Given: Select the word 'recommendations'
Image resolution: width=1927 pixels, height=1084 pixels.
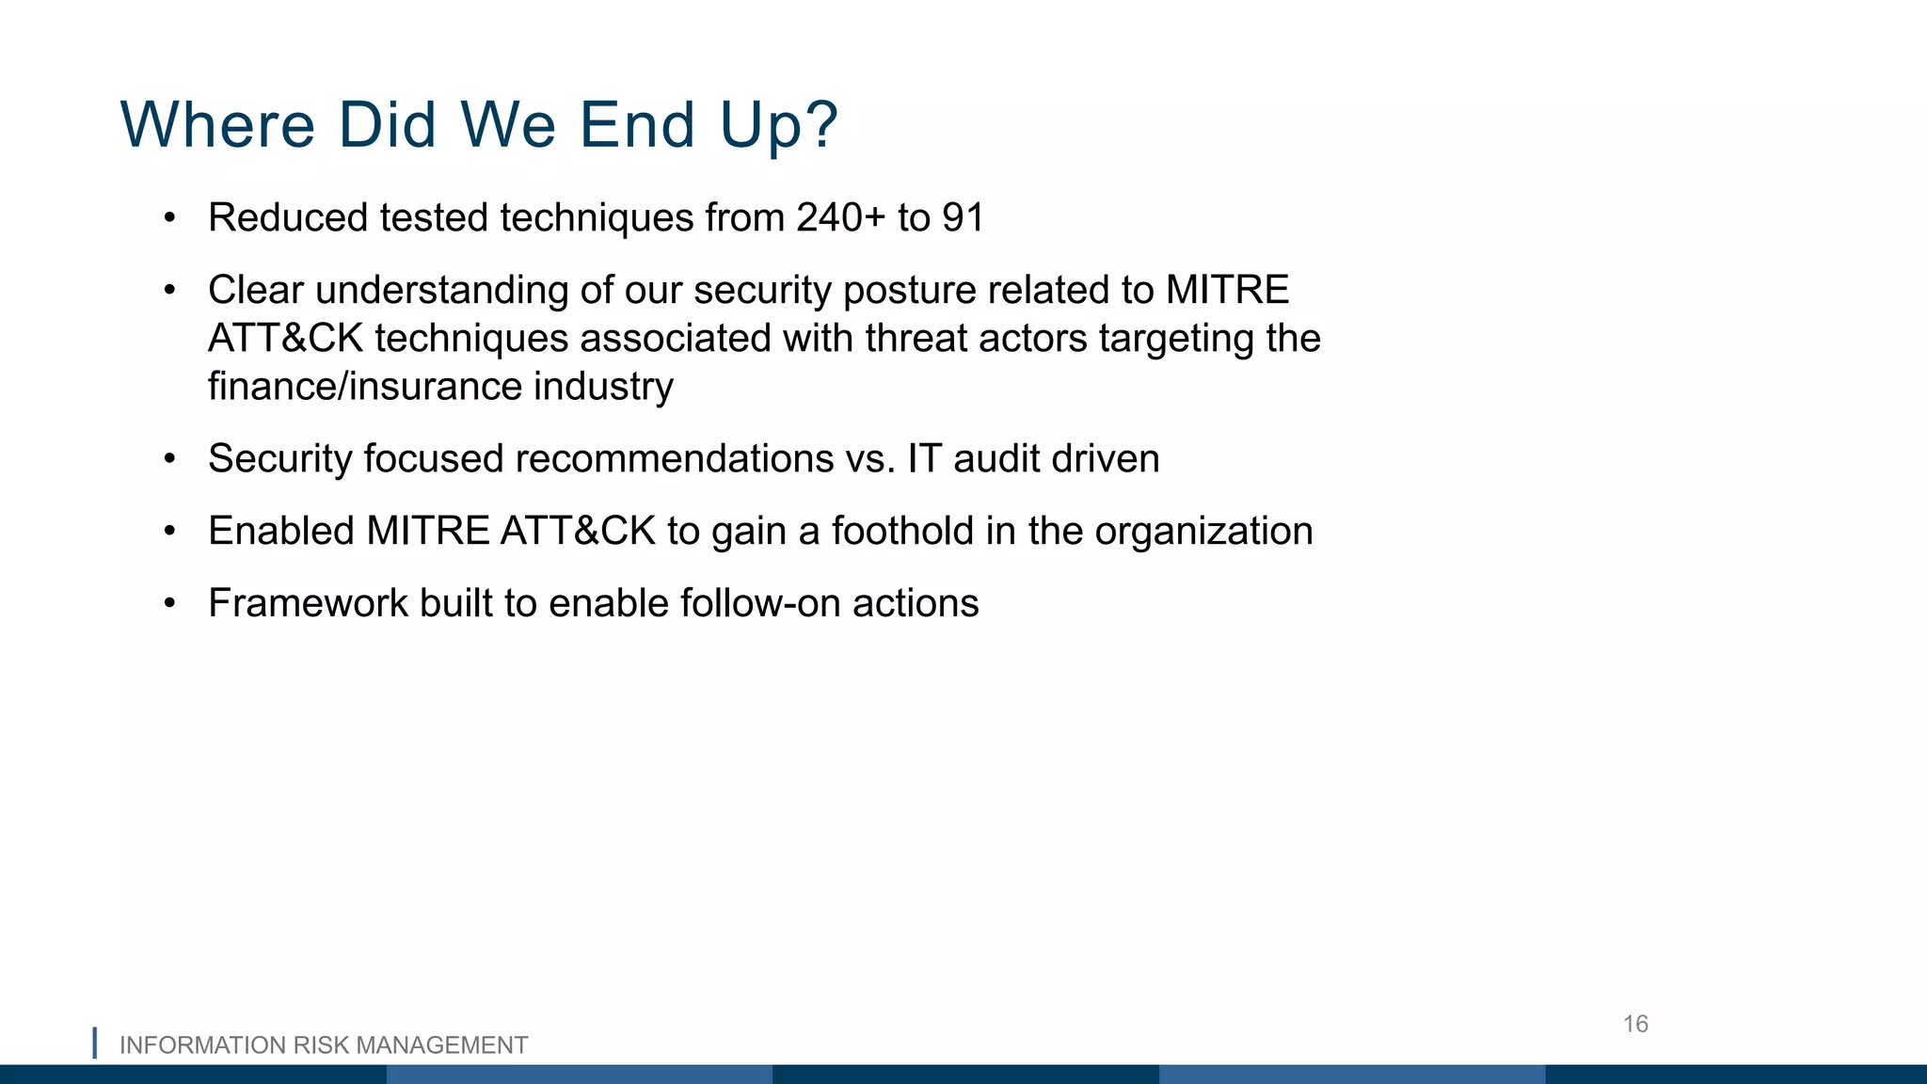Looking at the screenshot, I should [675, 459].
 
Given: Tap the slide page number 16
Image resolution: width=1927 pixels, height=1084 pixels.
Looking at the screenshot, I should [1635, 1024].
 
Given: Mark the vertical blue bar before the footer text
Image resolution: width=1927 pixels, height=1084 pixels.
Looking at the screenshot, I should [94, 1043].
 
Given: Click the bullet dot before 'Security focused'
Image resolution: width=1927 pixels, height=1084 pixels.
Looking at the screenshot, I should [169, 459].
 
